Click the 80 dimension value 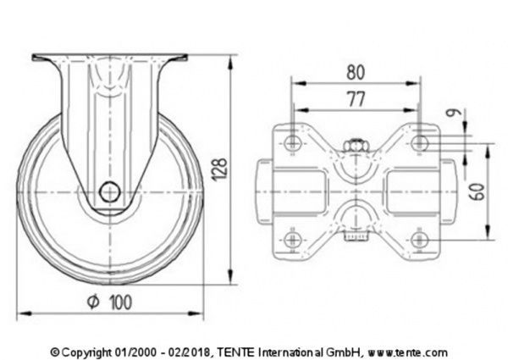pos(356,72)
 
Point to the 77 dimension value pos(356,99)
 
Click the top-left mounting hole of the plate pos(293,141)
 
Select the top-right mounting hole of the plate pos(421,141)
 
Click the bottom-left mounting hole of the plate pos(293,240)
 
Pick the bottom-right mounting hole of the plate pos(421,240)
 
